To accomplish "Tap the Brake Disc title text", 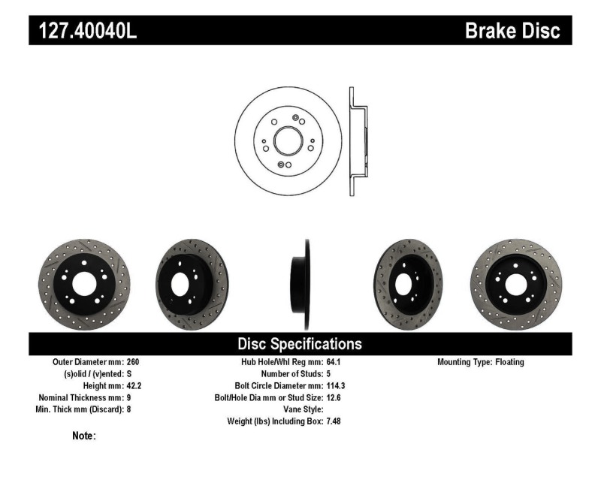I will (x=512, y=31).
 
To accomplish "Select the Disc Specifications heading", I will (x=300, y=344).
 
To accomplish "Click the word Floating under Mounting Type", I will (x=509, y=362).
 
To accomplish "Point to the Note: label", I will (x=83, y=436).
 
